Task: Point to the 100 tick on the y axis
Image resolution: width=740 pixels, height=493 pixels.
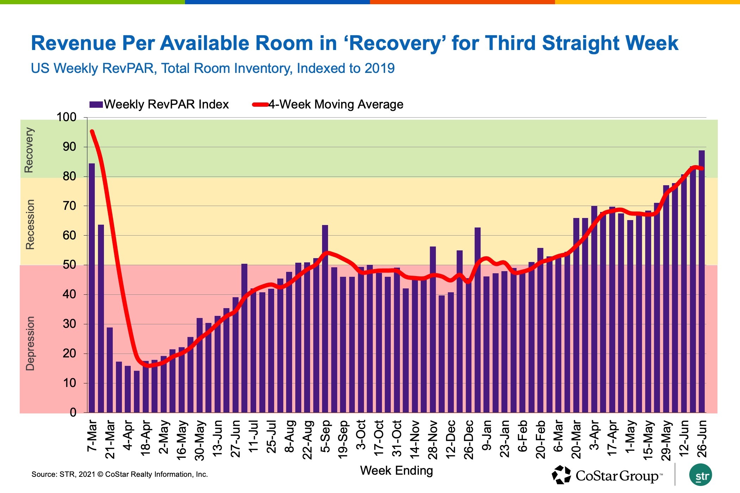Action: [x=67, y=117]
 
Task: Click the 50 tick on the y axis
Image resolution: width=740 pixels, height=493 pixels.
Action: [x=69, y=265]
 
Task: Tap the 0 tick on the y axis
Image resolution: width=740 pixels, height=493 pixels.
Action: [x=73, y=412]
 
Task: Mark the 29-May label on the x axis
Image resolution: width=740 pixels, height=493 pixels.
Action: [x=666, y=440]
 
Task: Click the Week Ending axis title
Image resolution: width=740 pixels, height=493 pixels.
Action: [x=396, y=471]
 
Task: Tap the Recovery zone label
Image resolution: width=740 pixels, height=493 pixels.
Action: [x=29, y=150]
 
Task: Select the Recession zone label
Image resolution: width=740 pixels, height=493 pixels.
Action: [x=30, y=225]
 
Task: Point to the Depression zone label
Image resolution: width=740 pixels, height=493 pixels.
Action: [x=30, y=343]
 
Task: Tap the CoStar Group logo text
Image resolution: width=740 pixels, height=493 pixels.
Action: [x=617, y=476]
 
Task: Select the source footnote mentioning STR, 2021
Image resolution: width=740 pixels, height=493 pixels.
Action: [x=119, y=474]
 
